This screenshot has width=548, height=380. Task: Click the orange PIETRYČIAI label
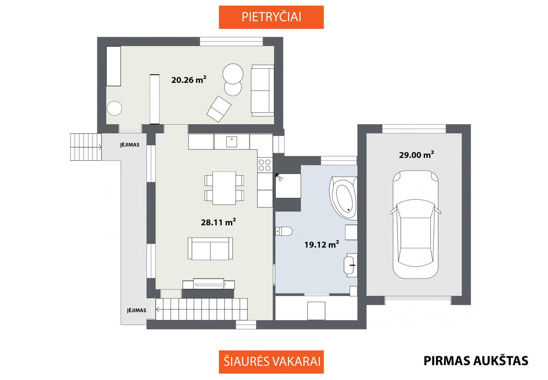coord(271,17)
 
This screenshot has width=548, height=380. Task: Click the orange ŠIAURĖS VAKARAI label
coord(272,362)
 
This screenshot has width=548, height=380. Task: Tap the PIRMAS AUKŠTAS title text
coord(476,361)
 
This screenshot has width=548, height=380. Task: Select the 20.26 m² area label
coord(189,80)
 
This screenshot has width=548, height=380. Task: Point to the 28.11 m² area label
coord(218,222)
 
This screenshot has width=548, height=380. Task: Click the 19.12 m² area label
coord(322,244)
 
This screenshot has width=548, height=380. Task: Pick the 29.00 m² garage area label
coord(417,154)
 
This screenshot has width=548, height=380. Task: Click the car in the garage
coord(416,224)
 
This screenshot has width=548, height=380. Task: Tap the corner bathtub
coord(343,198)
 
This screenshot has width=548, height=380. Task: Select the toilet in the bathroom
coord(284,231)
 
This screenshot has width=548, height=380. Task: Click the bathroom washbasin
coord(350,265)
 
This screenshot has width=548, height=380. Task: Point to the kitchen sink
coord(232,142)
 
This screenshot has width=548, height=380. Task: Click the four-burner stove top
coord(264,165)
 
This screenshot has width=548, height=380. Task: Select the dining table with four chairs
coord(224,188)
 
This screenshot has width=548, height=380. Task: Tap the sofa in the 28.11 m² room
coord(211,248)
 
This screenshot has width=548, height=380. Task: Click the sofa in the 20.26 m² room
coord(262,90)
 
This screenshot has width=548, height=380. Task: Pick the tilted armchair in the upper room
coord(219,108)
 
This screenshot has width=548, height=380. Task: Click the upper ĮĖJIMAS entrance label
coord(130,145)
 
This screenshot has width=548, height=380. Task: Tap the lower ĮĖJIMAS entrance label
coord(137,310)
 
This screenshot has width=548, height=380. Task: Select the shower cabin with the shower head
coord(288,186)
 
